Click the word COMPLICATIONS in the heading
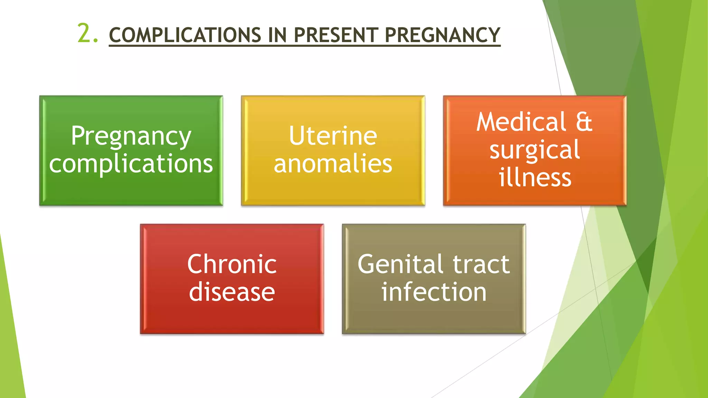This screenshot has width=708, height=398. pos(185,35)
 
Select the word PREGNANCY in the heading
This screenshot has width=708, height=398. pos(442,35)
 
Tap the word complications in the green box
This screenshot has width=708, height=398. pos(131,164)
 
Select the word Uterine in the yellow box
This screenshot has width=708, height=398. pos(333,136)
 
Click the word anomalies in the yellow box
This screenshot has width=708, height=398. pos(333,164)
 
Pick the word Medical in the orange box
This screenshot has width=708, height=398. pos(521,122)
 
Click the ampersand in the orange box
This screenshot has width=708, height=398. pos(584,122)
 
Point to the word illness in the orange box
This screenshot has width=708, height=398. pos(534,178)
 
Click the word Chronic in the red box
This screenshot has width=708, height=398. pos(232,264)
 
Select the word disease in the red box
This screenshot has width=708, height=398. pos(232,292)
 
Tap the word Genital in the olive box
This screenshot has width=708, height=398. pos(399,264)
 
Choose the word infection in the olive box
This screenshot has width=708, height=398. pos(434,292)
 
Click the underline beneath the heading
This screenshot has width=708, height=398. pos(304,45)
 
